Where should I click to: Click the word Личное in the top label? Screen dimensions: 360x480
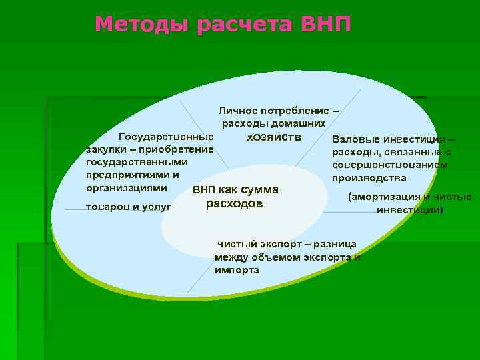click(238, 109)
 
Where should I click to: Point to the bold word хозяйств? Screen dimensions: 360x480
click(274, 137)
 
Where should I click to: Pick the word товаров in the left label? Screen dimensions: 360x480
click(108, 207)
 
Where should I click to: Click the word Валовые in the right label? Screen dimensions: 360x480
click(356, 139)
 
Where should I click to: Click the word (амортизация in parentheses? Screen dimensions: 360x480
click(383, 197)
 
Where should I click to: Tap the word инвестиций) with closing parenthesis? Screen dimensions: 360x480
click(409, 210)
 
